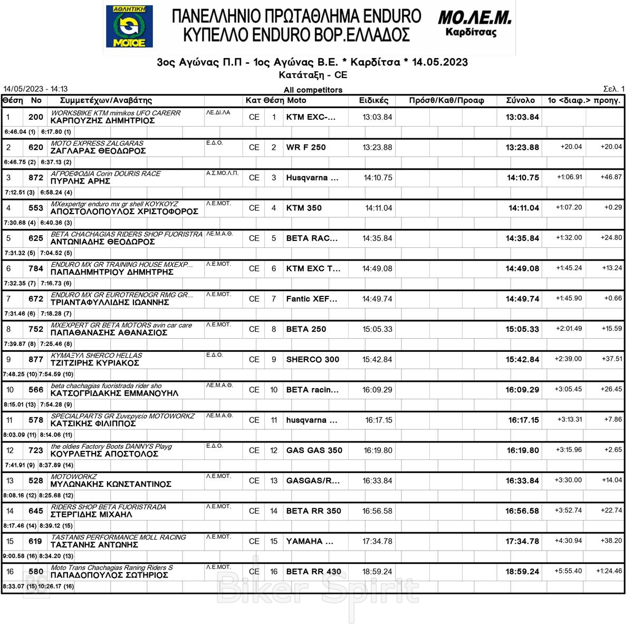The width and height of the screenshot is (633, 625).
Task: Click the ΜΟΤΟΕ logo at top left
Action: pyautogui.click(x=129, y=26)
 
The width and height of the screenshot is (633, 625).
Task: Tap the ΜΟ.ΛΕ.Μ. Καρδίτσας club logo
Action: pyautogui.click(x=474, y=24)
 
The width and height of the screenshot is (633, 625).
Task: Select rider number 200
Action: pyautogui.click(x=36, y=117)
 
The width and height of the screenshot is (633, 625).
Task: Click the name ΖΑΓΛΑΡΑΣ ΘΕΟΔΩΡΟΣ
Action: pyautogui.click(x=98, y=151)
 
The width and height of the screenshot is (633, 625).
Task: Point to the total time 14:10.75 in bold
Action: pyautogui.click(x=523, y=178)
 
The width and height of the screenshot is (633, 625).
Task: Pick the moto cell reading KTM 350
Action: pyautogui.click(x=304, y=208)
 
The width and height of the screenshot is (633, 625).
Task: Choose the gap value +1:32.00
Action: pyautogui.click(x=569, y=238)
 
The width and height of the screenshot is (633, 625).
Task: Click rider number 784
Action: pyautogui.click(x=36, y=268)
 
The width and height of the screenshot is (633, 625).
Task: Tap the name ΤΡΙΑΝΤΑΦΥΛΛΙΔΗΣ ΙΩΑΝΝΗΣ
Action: pyautogui.click(x=110, y=302)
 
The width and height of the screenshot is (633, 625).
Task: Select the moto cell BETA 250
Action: pyautogui.click(x=306, y=329)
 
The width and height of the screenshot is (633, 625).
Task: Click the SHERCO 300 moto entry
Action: pyautogui.click(x=312, y=359)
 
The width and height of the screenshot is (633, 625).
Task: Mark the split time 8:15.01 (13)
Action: pyautogui.click(x=20, y=405)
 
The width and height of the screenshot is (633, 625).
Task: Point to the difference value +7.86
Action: pyautogui.click(x=613, y=419)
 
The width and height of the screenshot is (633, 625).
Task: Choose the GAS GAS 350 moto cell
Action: pyautogui.click(x=314, y=450)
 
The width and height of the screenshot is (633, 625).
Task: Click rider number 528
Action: pyautogui.click(x=36, y=480)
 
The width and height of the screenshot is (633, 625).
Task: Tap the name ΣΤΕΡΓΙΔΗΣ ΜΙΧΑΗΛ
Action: pyautogui.click(x=91, y=514)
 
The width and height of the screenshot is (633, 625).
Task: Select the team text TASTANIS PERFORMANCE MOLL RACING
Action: pyautogui.click(x=118, y=537)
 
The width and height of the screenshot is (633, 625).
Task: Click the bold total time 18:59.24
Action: pyautogui.click(x=522, y=572)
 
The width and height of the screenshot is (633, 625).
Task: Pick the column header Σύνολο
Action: pyautogui.click(x=520, y=100)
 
